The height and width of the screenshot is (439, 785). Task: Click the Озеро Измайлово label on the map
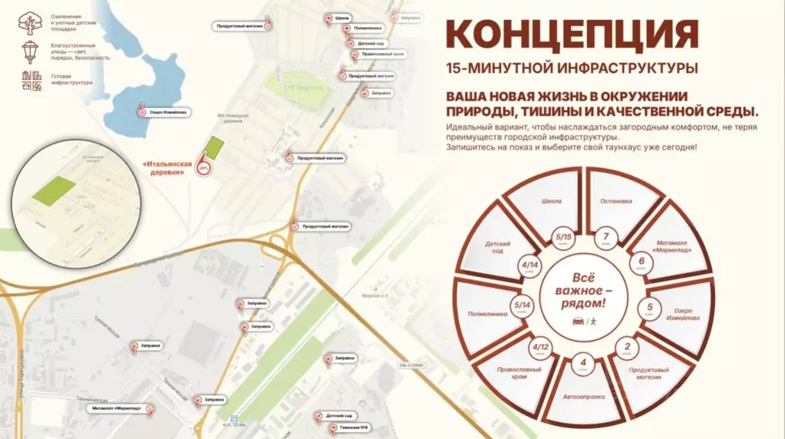[167, 112]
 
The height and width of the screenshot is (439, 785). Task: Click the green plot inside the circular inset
[54, 190]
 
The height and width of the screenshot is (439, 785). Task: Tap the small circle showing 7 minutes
[606, 239]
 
